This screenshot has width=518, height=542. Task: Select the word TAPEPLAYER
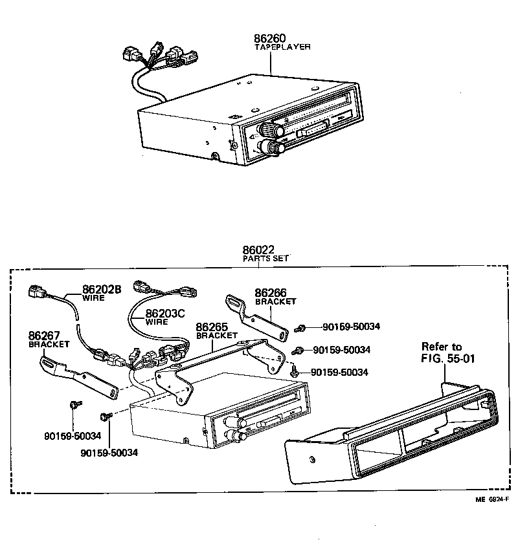pos(283,47)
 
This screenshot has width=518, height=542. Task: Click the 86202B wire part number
pos(102,289)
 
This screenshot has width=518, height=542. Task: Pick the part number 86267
pos(43,336)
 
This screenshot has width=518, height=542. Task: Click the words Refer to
pos(442,346)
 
